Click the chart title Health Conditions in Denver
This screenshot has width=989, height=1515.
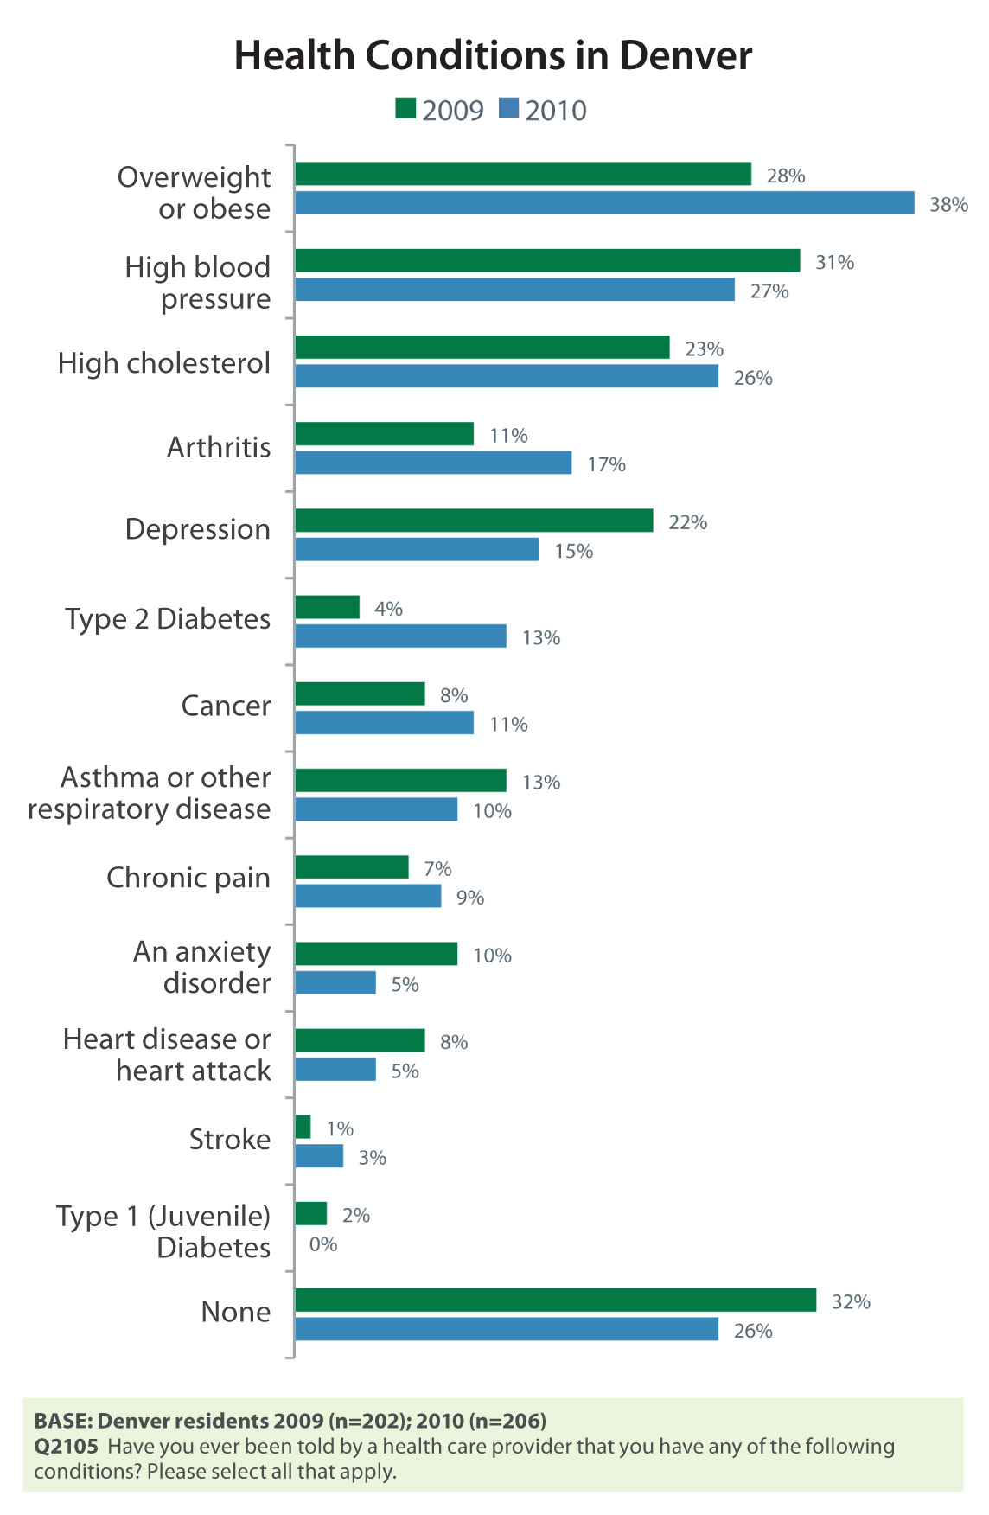pyautogui.click(x=493, y=56)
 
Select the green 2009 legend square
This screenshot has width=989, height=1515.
pyautogui.click(x=405, y=109)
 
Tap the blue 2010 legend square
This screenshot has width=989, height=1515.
pyautogui.click(x=509, y=109)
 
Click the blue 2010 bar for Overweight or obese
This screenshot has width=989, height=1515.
pyautogui.click(x=604, y=203)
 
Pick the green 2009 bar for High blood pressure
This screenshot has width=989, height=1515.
pyautogui.click(x=547, y=261)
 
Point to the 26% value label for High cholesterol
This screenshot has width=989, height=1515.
pyautogui.click(x=753, y=378)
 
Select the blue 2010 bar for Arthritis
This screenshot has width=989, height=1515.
pyautogui.click(x=433, y=463)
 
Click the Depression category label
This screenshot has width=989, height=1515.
pyautogui.click(x=197, y=529)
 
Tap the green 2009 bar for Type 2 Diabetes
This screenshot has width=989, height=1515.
pyautogui.click(x=327, y=607)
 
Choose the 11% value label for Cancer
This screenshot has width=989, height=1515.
pyautogui.click(x=508, y=724)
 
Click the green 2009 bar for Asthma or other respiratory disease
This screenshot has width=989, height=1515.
pyautogui.click(x=400, y=780)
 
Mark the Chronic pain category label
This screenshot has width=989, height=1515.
pyautogui.click(x=188, y=878)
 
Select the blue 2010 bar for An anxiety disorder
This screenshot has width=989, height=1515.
pyautogui.click(x=335, y=983)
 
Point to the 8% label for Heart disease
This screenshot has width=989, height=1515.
pyautogui.click(x=454, y=1042)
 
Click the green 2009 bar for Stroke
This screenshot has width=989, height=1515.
pyautogui.click(x=303, y=1127)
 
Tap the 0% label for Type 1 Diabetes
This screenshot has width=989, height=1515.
pyautogui.click(x=323, y=1244)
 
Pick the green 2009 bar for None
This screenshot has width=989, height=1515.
pyautogui.click(x=555, y=1301)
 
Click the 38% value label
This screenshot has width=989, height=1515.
pyautogui.click(x=948, y=205)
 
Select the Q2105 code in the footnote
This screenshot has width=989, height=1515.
pyautogui.click(x=66, y=1447)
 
